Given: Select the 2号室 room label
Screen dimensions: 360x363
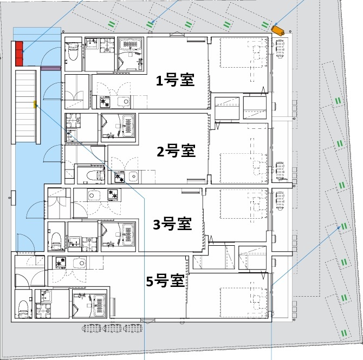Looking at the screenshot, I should click(x=176, y=151).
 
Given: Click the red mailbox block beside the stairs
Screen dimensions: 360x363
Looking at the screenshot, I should click(x=19, y=53).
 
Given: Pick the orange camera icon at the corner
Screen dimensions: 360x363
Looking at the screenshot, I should click(x=279, y=30).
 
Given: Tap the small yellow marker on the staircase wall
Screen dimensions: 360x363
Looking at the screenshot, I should click(x=35, y=104).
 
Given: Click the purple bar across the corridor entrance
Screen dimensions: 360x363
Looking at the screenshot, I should click(x=48, y=69).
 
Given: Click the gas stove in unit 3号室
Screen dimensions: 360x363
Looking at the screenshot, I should click(x=114, y=194).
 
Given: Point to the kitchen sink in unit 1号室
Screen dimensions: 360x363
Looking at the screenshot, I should click(x=124, y=101).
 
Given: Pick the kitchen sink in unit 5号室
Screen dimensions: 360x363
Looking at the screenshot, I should click(x=79, y=263).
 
